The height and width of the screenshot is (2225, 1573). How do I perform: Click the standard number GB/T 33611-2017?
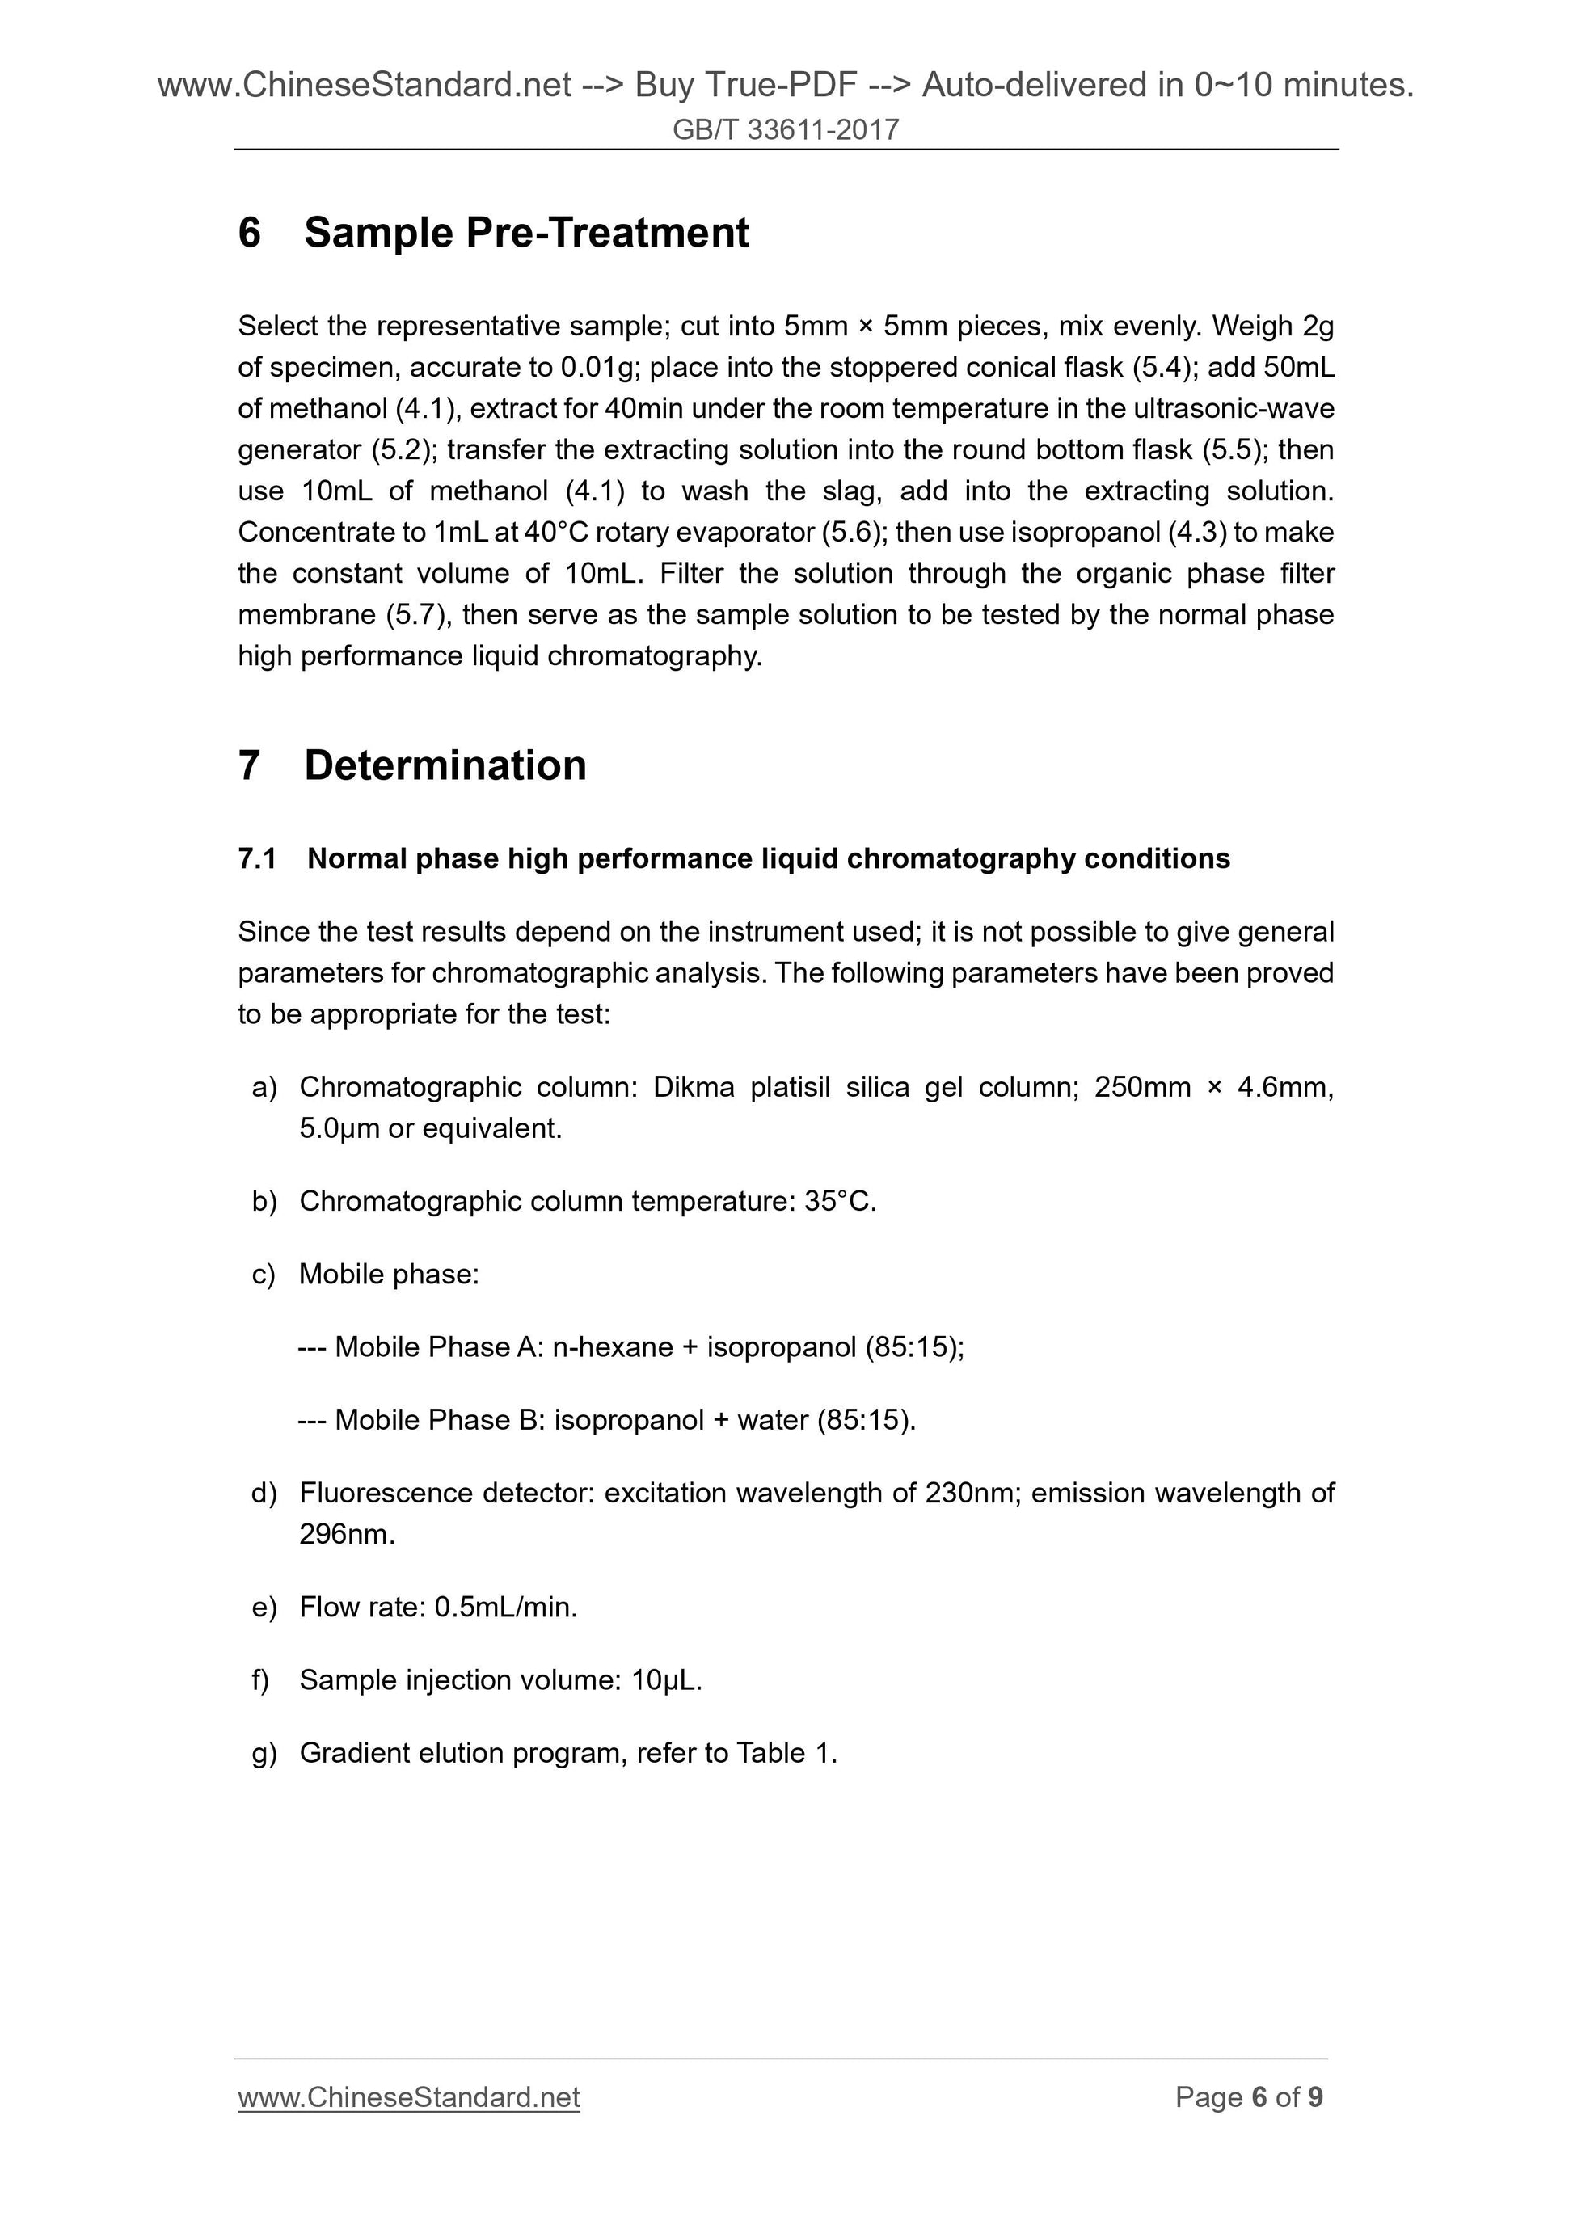coord(785,130)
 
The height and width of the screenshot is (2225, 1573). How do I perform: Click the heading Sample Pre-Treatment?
coord(525,233)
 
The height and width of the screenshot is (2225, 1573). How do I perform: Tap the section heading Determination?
coord(445,765)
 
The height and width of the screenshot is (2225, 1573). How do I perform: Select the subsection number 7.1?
coord(257,858)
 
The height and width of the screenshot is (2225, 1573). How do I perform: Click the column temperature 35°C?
coord(839,1202)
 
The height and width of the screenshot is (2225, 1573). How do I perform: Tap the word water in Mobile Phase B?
coord(773,1420)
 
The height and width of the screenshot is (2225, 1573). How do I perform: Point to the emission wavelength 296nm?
coord(346,1534)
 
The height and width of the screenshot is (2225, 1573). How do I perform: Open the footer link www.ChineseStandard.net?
coord(408,2097)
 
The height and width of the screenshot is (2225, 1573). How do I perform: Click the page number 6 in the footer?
coord(1259,2097)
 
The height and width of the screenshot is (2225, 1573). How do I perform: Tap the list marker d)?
coord(264,1493)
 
